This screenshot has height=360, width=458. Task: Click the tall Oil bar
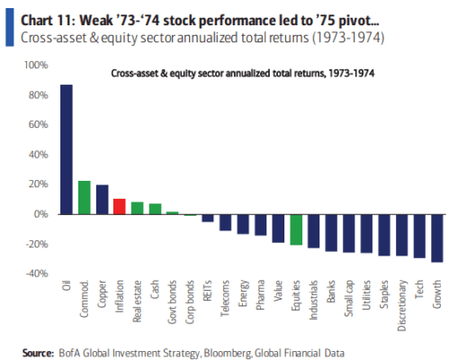click(67, 149)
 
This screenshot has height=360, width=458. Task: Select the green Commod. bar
click(85, 198)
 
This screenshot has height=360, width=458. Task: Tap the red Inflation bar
click(120, 206)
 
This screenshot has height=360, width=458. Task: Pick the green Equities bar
click(296, 229)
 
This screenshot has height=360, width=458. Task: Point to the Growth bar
click(437, 238)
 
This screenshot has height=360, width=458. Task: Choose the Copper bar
click(102, 200)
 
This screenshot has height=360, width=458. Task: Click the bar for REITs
click(208, 218)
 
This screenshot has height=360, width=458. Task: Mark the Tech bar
click(419, 237)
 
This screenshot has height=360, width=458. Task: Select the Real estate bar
click(138, 208)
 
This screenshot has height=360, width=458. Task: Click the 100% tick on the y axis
click(36, 65)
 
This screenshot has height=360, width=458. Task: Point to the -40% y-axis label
click(37, 274)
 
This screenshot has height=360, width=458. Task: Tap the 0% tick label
click(40, 214)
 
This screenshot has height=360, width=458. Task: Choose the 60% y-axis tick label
click(38, 124)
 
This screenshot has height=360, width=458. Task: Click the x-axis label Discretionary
click(402, 305)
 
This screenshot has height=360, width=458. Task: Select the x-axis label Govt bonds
click(172, 302)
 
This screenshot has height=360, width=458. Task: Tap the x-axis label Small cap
click(349, 298)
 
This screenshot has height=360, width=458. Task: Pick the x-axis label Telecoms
click(225, 298)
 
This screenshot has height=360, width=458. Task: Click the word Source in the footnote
click(38, 353)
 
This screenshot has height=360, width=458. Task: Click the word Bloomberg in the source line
click(228, 354)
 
